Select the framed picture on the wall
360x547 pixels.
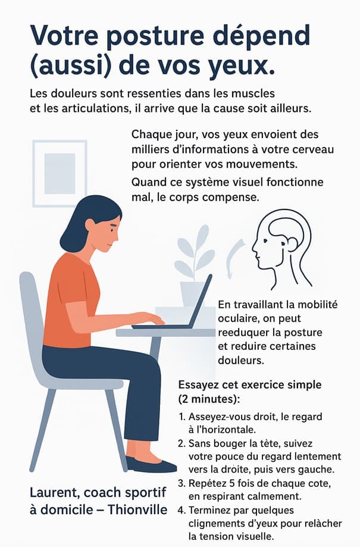pos(60,173)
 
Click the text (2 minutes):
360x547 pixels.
pos(209,399)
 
